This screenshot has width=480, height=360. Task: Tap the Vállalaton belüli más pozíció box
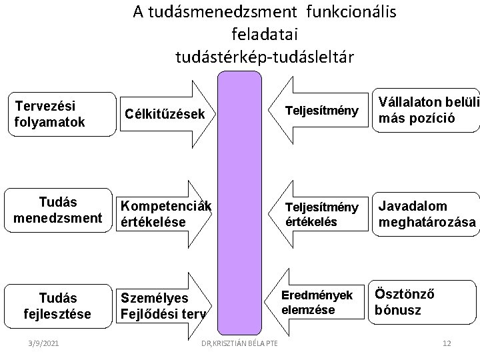coord(425,110)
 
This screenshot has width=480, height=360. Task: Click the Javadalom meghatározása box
coord(425,214)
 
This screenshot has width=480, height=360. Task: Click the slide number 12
coord(447,343)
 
